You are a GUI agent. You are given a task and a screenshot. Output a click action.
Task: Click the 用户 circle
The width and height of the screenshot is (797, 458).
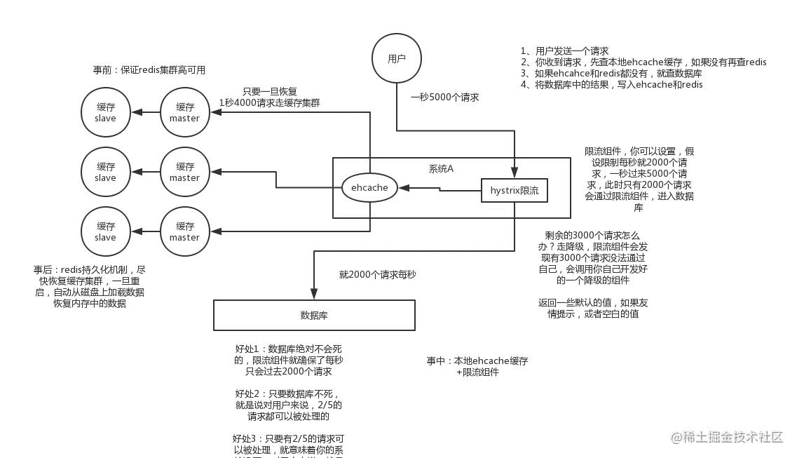pos(397,59)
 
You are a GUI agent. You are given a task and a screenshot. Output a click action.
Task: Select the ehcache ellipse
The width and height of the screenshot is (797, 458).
pos(369,188)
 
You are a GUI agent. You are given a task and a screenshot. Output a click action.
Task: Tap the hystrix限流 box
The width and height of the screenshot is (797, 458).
pos(515,191)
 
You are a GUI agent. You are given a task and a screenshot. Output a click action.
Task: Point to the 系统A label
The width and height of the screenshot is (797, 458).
pos(441,168)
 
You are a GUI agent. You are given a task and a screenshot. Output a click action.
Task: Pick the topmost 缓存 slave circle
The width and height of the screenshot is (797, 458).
pos(105,112)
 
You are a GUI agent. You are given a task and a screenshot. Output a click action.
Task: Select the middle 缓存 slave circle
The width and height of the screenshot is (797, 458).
pos(105,172)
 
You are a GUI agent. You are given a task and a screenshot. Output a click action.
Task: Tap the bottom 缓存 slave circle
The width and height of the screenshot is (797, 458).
pos(105,231)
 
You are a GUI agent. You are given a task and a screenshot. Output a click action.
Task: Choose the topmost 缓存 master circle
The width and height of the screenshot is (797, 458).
pos(184,112)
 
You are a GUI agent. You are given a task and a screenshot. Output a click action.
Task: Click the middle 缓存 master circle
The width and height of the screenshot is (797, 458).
pos(184,172)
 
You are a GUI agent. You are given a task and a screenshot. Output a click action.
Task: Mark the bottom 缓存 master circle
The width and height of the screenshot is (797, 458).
pos(184,231)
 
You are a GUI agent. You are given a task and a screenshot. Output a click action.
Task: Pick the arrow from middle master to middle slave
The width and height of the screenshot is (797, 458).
pos(145,172)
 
